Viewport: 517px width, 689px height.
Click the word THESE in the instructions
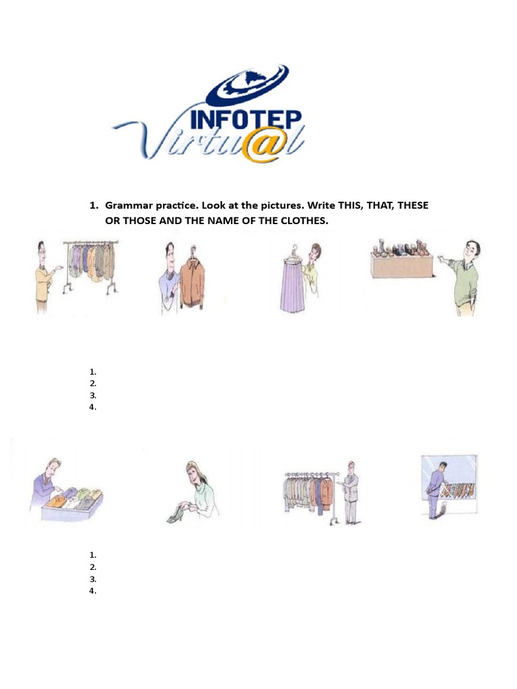413,205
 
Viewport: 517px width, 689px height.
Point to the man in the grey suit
349,493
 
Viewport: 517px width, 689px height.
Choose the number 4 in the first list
92,407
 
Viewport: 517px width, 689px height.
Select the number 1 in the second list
92,555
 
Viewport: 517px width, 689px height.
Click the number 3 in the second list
92,579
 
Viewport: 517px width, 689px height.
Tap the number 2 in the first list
92,384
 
